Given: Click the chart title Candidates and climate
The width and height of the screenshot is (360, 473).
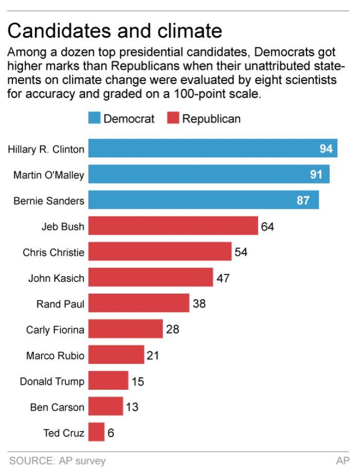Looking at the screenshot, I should (x=115, y=31).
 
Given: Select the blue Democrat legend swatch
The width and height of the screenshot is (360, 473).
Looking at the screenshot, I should (x=95, y=119).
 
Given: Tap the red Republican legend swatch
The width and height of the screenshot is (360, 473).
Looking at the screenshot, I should (x=173, y=119).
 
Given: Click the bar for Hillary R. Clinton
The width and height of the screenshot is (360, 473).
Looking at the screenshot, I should (x=212, y=149).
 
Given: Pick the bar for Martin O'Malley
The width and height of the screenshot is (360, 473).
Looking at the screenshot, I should (x=209, y=174).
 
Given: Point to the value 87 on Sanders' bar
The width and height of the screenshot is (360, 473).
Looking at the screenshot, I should (x=303, y=201).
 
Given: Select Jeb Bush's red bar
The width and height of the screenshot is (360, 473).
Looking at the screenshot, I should (x=173, y=226).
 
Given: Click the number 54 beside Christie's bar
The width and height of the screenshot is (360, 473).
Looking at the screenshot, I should (x=241, y=252).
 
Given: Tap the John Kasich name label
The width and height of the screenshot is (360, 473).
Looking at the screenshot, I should (x=56, y=278).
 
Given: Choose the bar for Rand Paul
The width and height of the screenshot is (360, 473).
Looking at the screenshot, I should (x=139, y=303).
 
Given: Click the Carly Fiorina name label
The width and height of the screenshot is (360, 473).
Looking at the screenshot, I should (x=55, y=330).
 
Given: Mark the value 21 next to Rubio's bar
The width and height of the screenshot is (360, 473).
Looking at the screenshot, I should (x=153, y=355).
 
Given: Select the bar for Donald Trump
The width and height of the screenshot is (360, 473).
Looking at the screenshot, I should (x=108, y=381).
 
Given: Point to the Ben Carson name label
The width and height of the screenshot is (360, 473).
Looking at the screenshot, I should (x=57, y=407).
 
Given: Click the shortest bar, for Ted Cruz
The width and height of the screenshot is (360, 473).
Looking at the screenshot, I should (x=96, y=432).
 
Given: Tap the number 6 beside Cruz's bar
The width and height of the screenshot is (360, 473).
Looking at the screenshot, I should (x=111, y=433).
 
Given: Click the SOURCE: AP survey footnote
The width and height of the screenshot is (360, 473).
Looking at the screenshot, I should (x=57, y=461).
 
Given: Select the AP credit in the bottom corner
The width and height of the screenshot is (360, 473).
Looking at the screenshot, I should (x=343, y=461).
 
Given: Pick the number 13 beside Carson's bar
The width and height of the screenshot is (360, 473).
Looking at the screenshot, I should (x=132, y=407).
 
